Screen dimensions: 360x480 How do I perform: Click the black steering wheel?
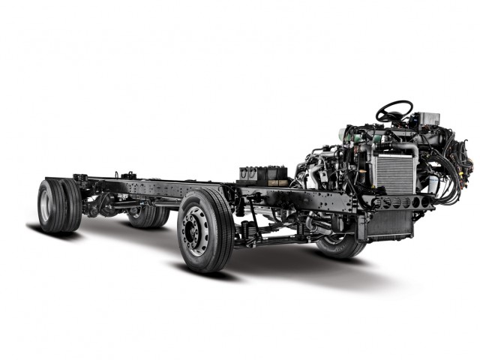tap(394, 111)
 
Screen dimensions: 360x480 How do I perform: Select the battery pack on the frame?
tap(264, 175)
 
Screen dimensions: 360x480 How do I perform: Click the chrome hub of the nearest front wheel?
tap(196, 229)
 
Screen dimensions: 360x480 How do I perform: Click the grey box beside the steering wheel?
tap(428, 119)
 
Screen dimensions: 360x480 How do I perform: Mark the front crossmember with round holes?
tap(401, 202)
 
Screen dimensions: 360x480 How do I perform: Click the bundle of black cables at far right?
tap(457, 172)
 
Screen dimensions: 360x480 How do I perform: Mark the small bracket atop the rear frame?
tap(128, 176)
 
